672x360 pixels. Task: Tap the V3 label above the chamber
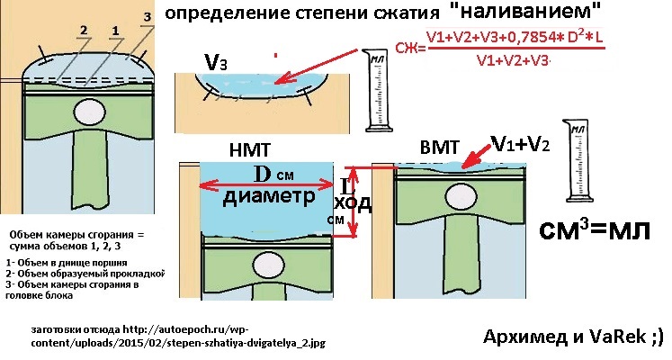216,62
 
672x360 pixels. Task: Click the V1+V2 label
522,143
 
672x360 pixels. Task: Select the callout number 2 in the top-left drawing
82,30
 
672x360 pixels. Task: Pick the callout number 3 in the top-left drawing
148,17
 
